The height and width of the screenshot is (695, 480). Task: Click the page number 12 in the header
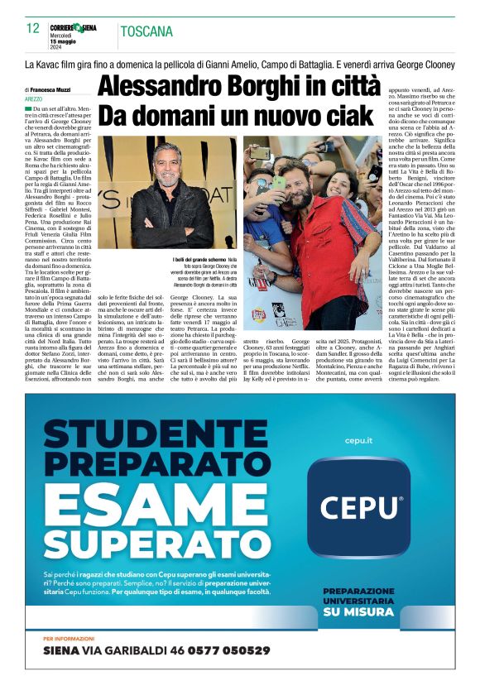click(33, 28)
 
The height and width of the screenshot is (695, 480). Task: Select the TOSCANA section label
click(146, 32)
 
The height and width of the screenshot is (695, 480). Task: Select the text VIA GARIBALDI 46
click(125, 650)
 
